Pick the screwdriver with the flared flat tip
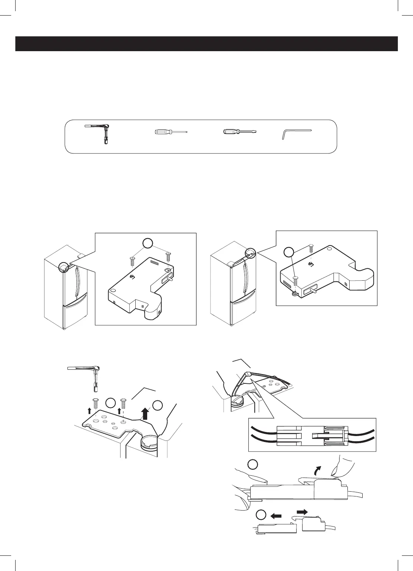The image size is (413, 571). [239, 132]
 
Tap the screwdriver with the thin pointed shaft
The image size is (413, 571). [171, 132]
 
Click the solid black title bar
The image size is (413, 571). [206, 44]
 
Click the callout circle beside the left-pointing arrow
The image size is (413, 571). [261, 515]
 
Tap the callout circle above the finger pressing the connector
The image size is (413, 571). [252, 465]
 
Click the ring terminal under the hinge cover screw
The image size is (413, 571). [295, 294]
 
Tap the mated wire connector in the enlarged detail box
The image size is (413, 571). [311, 435]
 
